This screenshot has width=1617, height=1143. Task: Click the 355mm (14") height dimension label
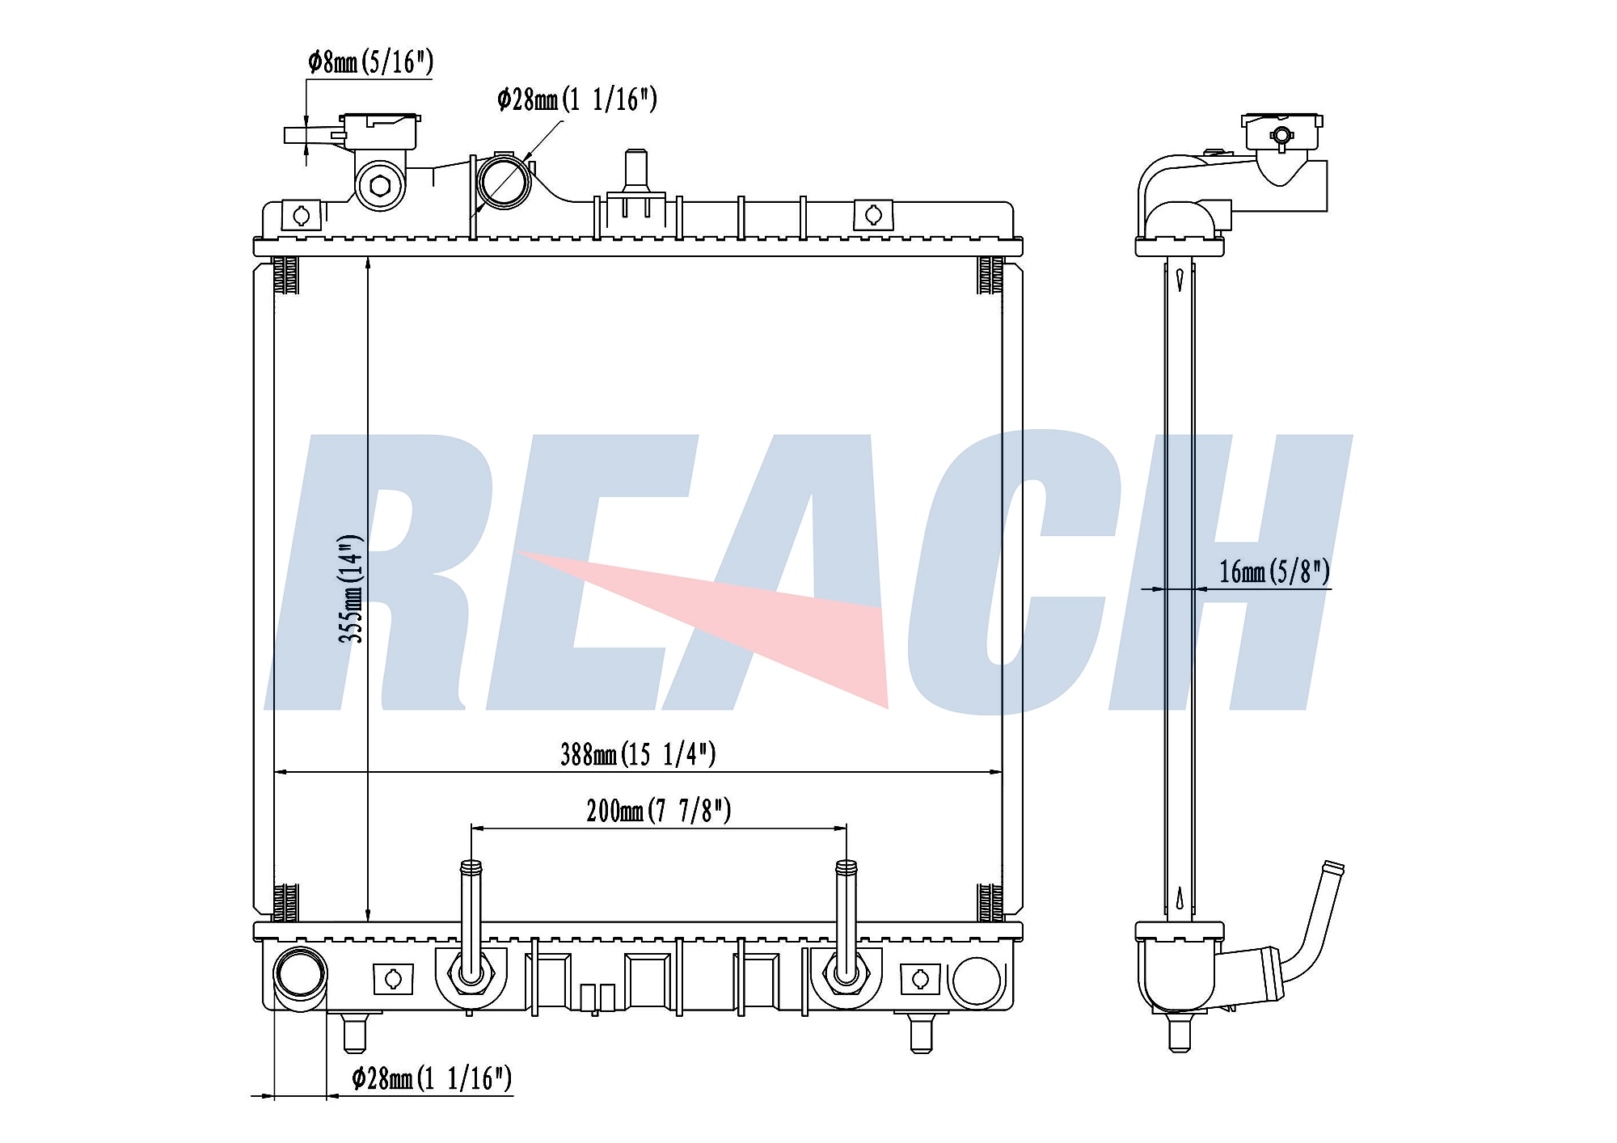coord(350,588)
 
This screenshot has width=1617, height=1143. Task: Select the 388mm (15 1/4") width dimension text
coord(638,754)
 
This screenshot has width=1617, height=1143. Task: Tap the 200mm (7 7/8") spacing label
coord(659,810)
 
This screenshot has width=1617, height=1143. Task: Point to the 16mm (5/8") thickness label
coord(1274,571)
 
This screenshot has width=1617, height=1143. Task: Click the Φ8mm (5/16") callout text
coord(370,61)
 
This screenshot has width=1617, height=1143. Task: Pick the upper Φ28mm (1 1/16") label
coord(577,99)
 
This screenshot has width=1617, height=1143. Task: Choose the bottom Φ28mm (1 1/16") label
coord(432,1078)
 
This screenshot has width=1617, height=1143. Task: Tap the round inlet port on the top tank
coord(503,181)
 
